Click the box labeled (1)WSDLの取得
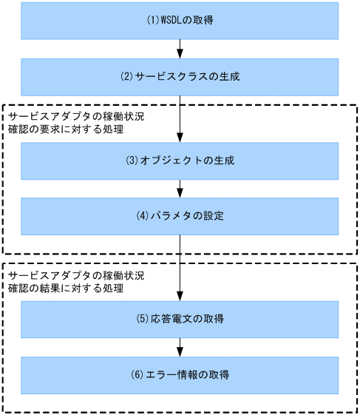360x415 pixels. [x=180, y=21]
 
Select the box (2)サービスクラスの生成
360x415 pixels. [x=180, y=77]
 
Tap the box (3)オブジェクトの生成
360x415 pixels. [x=180, y=161]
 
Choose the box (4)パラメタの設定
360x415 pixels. [x=180, y=216]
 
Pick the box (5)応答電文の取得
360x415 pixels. [x=180, y=320]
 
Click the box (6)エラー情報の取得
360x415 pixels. [x=180, y=375]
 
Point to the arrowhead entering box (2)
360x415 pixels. [x=180, y=54]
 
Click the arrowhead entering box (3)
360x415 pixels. [x=180, y=138]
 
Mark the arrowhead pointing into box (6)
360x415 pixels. [x=180, y=352]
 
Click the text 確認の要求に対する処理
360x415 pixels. [x=65, y=129]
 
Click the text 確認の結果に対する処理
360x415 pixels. [x=65, y=287]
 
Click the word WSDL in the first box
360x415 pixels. [x=169, y=21]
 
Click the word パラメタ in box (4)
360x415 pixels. [x=169, y=216]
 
